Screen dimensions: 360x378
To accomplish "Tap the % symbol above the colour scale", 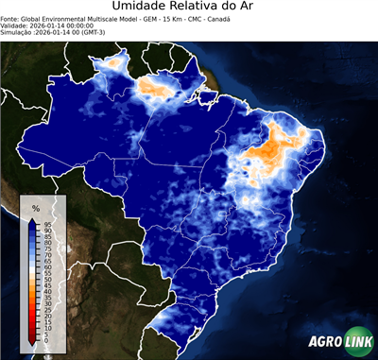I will coord(36,208).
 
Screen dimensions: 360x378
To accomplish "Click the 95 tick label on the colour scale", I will coord(47,224).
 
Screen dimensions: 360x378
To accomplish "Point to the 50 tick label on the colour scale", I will coord(47,280).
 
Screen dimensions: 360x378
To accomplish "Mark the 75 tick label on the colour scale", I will coord(47,249).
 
